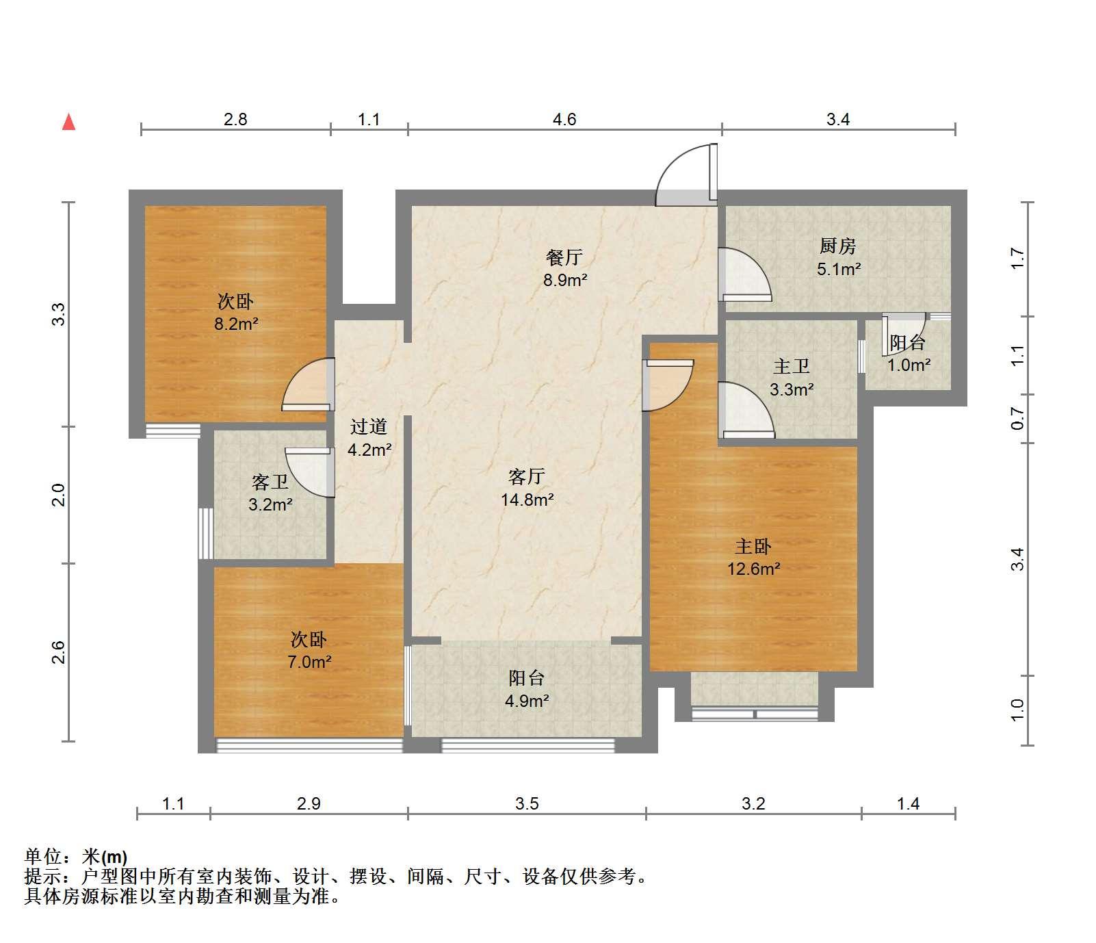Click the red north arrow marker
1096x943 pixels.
(68, 122)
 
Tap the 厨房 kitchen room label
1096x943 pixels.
(837, 246)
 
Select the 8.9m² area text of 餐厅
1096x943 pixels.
(565, 279)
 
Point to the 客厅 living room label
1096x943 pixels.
(527, 476)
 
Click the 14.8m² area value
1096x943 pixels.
(527, 500)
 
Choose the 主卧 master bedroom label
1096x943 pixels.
(753, 546)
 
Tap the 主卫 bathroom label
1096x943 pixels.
(792, 367)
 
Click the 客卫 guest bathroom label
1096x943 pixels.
(270, 482)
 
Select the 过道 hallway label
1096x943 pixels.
(369, 427)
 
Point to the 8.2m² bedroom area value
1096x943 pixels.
(236, 324)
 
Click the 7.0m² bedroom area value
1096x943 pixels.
(309, 662)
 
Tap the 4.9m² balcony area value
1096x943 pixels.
(527, 701)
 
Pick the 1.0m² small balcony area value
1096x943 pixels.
(909, 365)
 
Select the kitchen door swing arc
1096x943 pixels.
(745, 274)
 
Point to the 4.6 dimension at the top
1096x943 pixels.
(564, 120)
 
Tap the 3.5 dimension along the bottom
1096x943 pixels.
(527, 803)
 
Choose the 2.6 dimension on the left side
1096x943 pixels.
(59, 652)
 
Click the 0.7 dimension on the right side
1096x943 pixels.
(1018, 418)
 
